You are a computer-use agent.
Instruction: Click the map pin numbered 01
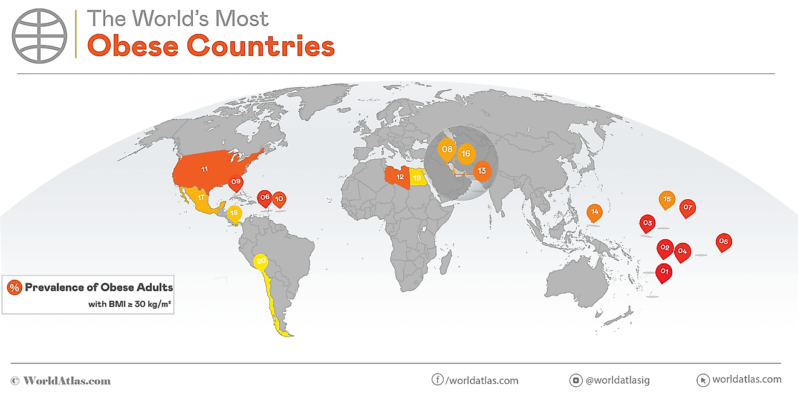point(664,272)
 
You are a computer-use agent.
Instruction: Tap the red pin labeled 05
point(723,242)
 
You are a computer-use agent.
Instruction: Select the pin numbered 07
point(687,208)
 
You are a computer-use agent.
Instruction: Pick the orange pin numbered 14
point(595,212)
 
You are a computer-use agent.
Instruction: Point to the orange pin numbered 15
point(667,199)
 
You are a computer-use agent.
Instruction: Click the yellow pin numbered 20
point(261,262)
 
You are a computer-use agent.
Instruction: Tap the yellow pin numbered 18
point(235,214)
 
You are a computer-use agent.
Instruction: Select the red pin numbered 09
point(236,182)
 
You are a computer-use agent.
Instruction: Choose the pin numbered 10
point(279,198)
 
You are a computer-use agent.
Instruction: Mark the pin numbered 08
point(447,150)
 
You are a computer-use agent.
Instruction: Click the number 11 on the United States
point(204,169)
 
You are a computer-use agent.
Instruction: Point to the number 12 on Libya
point(400,177)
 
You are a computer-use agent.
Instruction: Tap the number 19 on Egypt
point(417,177)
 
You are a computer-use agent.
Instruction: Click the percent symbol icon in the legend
point(15,288)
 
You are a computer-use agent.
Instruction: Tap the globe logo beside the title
point(41,36)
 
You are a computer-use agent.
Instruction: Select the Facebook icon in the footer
point(437,380)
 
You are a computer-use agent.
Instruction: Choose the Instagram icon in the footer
point(576,380)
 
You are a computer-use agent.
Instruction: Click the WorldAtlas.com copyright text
point(61,381)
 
